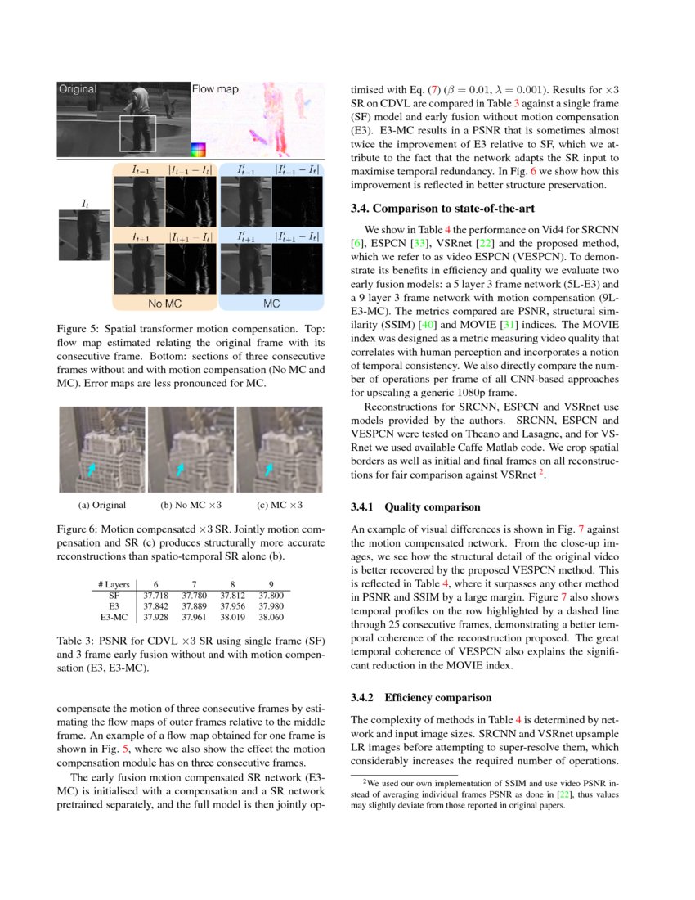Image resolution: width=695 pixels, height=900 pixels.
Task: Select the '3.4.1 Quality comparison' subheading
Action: [x=410, y=507]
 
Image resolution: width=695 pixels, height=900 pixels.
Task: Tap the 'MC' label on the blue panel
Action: [x=271, y=304]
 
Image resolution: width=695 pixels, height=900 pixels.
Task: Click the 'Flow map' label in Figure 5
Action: [x=215, y=88]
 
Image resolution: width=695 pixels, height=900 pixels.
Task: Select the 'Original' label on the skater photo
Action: [x=78, y=88]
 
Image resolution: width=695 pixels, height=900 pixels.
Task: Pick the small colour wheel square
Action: [x=196, y=149]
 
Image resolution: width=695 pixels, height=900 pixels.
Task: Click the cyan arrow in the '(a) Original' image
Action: [x=92, y=467]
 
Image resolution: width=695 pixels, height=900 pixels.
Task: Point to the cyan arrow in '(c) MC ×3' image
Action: [x=271, y=466]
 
